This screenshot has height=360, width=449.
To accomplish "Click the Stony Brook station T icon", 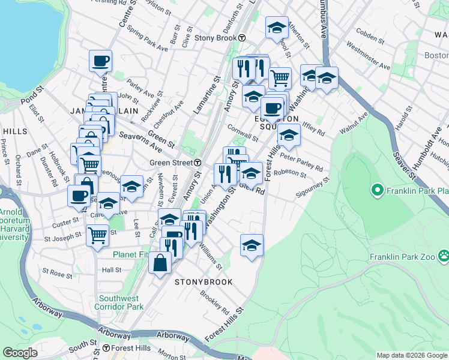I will point(241,38).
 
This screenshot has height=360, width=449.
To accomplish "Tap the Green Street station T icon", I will point(197,163).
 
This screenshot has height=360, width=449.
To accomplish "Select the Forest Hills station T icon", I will point(106,348).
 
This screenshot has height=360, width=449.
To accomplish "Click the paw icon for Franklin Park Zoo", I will point(443,256).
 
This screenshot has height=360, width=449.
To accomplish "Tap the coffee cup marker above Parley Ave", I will point(100,61).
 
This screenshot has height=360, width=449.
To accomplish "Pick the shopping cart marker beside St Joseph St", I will point(97,235).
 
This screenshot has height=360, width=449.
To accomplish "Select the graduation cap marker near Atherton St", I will point(277,28).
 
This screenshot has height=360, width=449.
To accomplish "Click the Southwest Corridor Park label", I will point(119,302).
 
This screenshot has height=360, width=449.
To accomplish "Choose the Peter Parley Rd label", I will point(301,162).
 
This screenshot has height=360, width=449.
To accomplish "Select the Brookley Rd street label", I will point(214,303).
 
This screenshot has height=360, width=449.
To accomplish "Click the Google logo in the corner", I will point(20,353).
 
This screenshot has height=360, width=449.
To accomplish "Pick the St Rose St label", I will point(58,274).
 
